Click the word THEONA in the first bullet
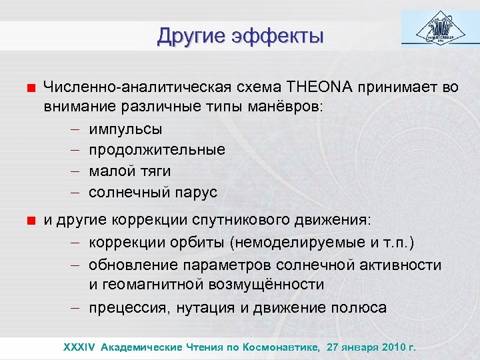click(x=319, y=87)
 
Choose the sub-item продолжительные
click(x=157, y=149)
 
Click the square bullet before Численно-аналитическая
click(x=31, y=87)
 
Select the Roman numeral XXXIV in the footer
click(x=79, y=347)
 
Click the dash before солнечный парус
click(x=75, y=193)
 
